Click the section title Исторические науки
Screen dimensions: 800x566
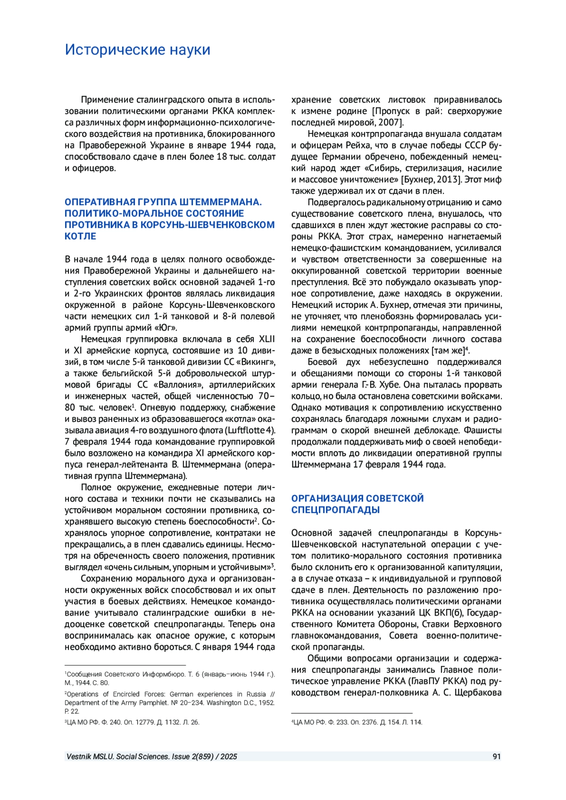coord(137,50)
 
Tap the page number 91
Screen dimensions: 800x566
coord(496,757)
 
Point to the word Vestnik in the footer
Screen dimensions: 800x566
coord(78,757)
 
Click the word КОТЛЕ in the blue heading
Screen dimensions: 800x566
coord(80,236)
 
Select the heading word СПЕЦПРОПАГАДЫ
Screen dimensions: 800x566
coord(335,510)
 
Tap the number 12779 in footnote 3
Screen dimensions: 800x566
coord(140,722)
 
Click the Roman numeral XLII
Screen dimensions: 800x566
coord(266,339)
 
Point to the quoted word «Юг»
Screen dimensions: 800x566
coord(166,328)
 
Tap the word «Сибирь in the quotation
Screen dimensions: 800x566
coord(382,168)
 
